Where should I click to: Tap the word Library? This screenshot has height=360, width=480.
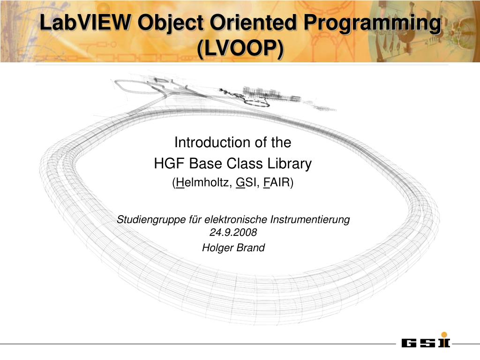290,164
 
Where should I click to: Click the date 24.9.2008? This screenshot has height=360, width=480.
233,232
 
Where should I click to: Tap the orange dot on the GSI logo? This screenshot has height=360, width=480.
443,334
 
